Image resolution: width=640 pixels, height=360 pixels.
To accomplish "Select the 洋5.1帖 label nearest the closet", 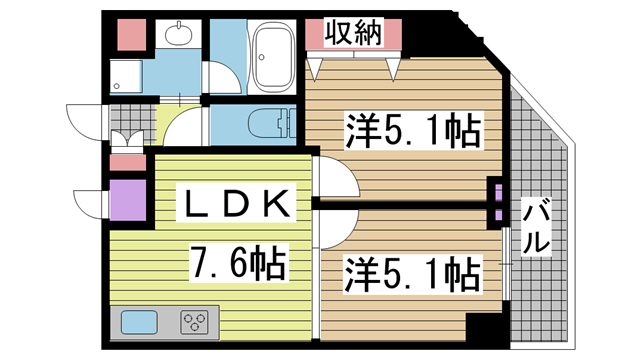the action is tap(410, 132).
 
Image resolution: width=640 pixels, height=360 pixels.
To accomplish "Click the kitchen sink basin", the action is tap(139, 323).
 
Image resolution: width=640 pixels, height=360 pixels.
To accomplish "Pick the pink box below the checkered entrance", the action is tap(127, 160).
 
